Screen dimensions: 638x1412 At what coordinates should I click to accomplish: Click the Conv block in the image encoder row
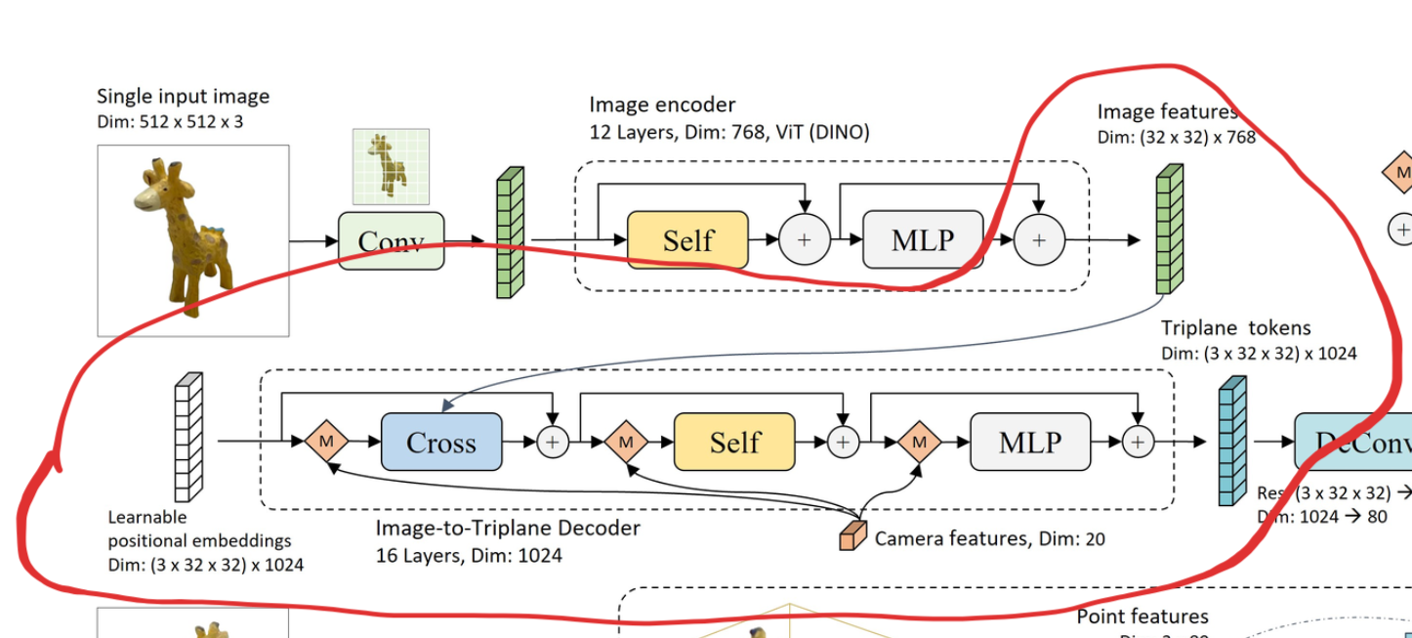(391, 240)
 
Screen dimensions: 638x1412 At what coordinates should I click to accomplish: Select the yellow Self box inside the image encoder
(687, 240)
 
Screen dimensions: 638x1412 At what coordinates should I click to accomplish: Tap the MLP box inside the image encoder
(923, 239)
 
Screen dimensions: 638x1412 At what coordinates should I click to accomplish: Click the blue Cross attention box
(440, 443)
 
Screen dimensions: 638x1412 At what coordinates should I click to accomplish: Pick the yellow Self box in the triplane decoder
(734, 443)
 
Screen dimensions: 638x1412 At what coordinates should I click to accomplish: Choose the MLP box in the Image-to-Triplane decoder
(1030, 443)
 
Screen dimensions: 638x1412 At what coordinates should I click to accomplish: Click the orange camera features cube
(852, 535)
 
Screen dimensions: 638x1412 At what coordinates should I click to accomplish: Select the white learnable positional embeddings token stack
(187, 437)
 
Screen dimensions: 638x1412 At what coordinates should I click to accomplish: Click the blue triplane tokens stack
(1232, 441)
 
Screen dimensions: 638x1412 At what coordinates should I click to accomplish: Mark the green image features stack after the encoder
(1169, 230)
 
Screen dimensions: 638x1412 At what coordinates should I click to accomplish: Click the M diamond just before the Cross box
(326, 443)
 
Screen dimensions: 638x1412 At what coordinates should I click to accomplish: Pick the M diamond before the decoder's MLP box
(918, 443)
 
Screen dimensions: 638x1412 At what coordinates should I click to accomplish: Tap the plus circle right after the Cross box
(553, 443)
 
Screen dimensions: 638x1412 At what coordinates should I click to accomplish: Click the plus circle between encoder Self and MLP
(804, 240)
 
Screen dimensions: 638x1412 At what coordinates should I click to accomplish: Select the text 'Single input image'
(183, 96)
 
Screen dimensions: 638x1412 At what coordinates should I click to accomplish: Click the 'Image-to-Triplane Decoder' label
(508, 529)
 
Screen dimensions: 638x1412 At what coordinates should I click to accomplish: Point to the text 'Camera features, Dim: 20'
(989, 538)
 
